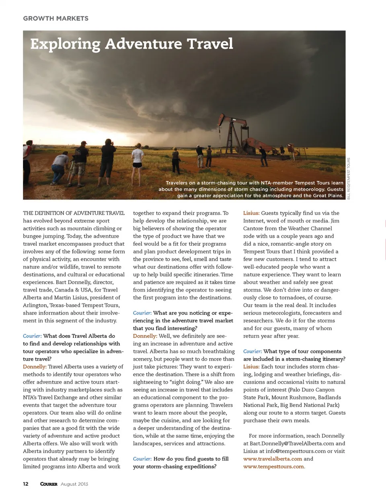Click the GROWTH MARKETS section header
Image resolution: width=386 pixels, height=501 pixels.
[x=55, y=19]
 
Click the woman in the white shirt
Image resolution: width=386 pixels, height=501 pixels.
[x=138, y=157]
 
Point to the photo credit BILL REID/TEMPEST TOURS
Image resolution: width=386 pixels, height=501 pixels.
[x=349, y=178]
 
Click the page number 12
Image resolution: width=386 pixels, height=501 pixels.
[x=26, y=484]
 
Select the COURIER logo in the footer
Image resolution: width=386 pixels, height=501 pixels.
[x=49, y=484]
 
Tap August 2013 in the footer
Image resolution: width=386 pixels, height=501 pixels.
[x=74, y=484]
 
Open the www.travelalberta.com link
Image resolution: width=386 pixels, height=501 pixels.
[x=272, y=459]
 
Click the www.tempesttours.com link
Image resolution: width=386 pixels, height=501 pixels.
[x=273, y=466]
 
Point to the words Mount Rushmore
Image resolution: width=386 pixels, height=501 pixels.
[x=294, y=397]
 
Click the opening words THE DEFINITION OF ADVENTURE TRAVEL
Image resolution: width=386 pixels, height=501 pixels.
[x=74, y=213]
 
